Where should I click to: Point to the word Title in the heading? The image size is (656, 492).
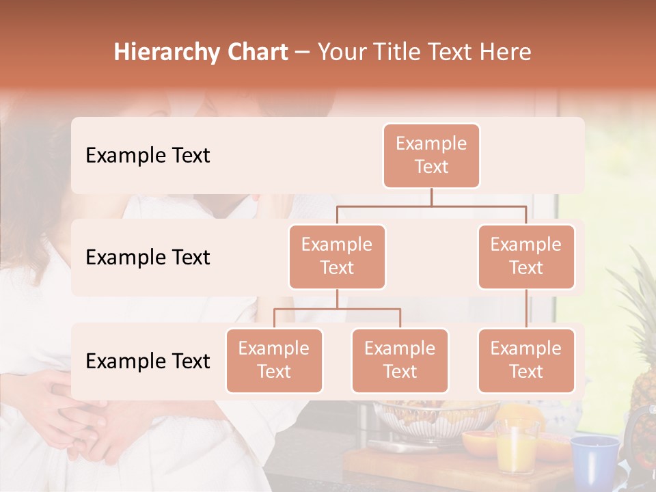[406, 53]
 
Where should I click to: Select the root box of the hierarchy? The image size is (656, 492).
[431, 155]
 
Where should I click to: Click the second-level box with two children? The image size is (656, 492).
[337, 256]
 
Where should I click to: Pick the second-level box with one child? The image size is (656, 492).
[526, 256]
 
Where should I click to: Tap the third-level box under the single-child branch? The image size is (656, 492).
[526, 360]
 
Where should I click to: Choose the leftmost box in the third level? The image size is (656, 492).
[274, 360]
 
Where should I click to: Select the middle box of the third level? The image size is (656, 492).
[400, 360]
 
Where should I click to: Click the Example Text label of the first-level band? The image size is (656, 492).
[148, 156]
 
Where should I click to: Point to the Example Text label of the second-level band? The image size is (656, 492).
[148, 258]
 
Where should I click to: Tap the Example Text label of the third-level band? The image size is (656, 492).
[148, 361]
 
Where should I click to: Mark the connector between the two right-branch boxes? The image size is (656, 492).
[526, 309]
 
